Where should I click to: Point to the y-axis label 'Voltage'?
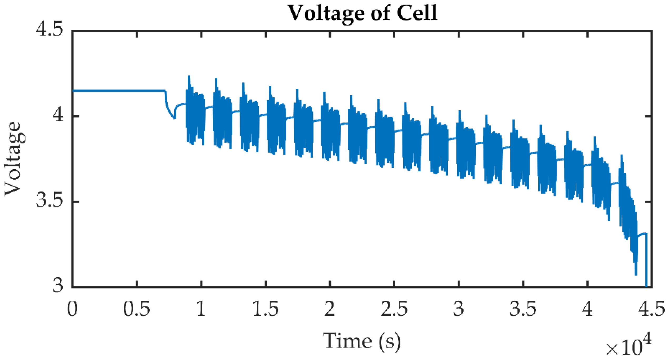13,159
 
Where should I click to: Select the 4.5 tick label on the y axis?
50,29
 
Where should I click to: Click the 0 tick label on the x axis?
72,309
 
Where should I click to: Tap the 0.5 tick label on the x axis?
137,309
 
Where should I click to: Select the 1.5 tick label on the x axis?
265,309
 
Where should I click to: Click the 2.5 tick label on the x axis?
394,309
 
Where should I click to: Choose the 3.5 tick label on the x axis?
523,309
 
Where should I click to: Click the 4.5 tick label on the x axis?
651,309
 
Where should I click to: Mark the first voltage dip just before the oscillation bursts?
174,118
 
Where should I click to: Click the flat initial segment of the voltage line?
118,91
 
